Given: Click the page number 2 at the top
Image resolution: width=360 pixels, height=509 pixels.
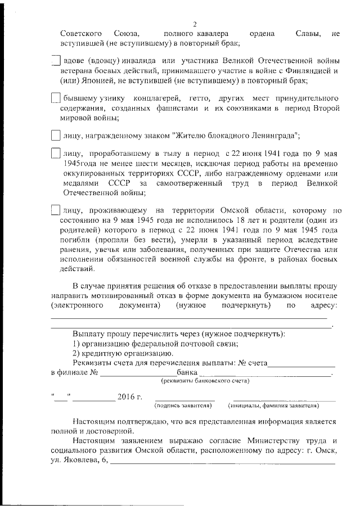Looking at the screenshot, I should click(x=194, y=24).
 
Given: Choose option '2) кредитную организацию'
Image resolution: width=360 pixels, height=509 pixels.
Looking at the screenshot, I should click(x=123, y=353).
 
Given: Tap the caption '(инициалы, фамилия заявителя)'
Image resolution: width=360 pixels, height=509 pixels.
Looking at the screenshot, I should click(x=273, y=405).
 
